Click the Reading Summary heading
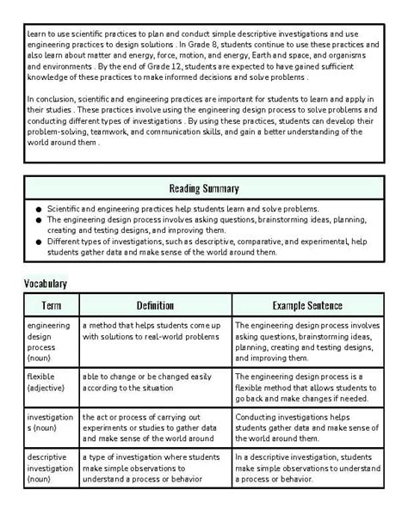coord(204,188)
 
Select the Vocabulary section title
coord(46,283)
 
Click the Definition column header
coord(155,305)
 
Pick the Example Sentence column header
coord(307,305)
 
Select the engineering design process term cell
coord(50,342)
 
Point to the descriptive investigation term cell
coord(50,469)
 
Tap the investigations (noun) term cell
coord(50,427)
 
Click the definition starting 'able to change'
coord(146,383)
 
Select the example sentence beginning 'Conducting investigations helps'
coord(306,427)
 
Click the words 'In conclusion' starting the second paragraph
coord(53,100)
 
